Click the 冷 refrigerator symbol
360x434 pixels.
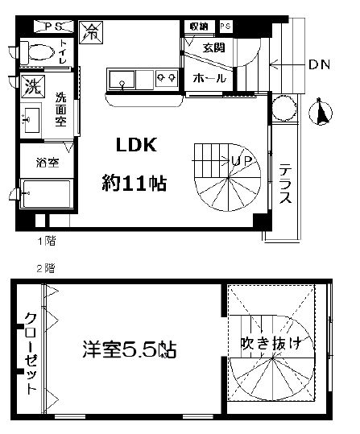(x=93, y=34)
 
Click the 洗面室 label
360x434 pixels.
(x=61, y=110)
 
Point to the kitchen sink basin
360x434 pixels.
(x=122, y=79)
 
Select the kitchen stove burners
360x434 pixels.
(x=168, y=79)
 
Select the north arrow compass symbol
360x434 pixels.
(x=325, y=113)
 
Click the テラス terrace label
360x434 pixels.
(x=285, y=186)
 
